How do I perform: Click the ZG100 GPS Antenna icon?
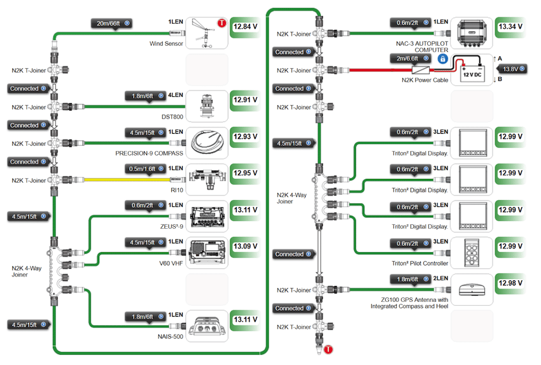472,290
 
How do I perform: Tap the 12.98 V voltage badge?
511,283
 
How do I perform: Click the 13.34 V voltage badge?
511,27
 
